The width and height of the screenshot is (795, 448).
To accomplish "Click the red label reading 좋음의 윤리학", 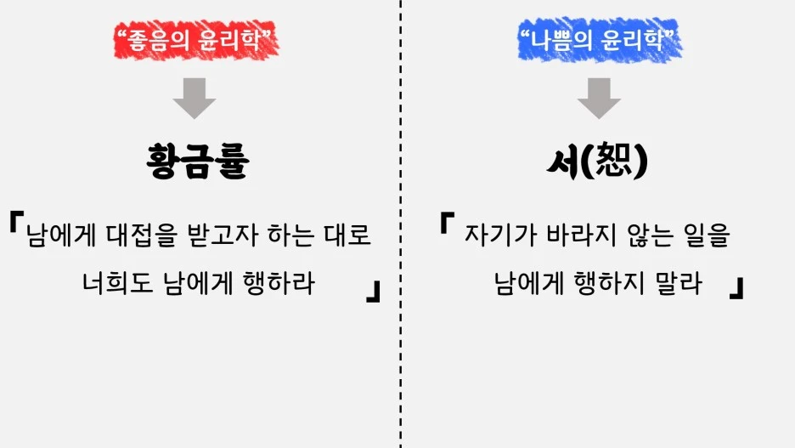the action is point(197,38).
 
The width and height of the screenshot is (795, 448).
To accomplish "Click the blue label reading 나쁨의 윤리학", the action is point(600,38).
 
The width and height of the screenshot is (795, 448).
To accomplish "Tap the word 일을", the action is point(706,234).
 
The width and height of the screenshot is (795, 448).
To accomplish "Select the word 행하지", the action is point(612,283).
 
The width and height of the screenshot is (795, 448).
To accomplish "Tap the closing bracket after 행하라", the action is point(372,293).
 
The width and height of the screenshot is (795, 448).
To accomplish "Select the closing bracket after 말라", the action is point(736,289).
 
